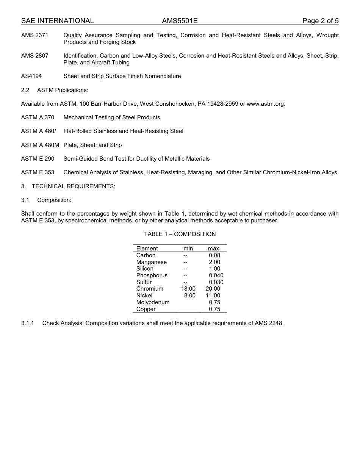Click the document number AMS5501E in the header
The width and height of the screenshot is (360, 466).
point(180,21)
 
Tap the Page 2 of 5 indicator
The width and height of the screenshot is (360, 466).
point(320,21)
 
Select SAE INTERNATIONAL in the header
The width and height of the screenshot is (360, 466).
point(57,21)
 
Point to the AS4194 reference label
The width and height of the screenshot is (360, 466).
point(31,76)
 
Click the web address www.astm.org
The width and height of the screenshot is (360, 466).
point(265,104)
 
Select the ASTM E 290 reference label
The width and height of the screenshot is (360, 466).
point(38,159)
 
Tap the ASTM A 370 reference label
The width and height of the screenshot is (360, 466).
point(38,117)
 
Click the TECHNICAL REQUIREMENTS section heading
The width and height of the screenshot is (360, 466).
point(74,186)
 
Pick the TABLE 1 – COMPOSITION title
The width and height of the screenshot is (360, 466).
point(180,234)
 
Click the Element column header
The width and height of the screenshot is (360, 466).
point(147,249)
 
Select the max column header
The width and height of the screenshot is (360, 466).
point(213,249)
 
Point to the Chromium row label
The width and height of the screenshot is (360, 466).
point(150,289)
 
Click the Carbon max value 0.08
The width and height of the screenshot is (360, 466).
point(214,255)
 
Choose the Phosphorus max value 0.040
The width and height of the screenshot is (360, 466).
point(216,275)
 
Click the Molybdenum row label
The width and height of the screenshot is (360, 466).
point(153,302)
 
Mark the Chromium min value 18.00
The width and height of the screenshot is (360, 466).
point(188,289)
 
